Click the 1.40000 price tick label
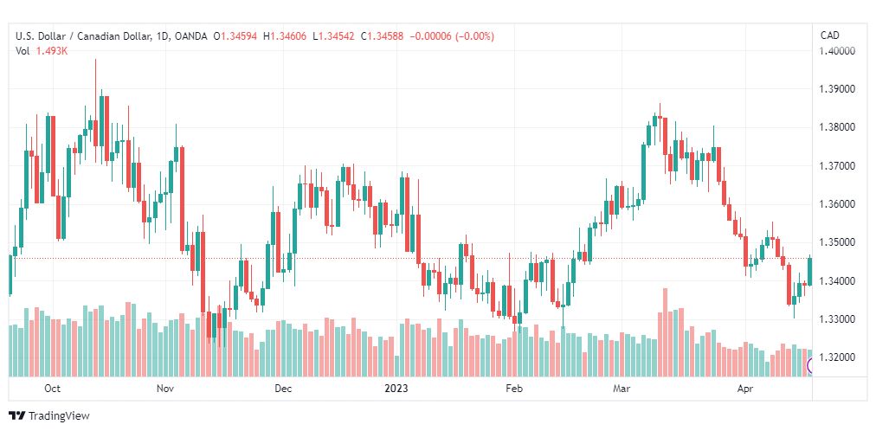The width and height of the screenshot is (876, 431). coord(836,51)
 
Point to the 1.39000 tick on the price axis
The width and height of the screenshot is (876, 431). coord(836,89)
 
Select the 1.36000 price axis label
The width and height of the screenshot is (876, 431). coord(836,204)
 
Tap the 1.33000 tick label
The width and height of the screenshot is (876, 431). coord(836,319)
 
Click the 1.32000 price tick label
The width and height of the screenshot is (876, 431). coord(836,357)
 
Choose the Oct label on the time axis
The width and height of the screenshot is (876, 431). coord(52,388)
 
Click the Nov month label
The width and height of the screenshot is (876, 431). coord(164,388)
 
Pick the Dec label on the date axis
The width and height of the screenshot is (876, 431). coord(283,388)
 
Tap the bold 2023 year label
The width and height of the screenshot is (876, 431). coord(396,388)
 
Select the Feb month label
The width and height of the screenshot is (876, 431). coord(513,388)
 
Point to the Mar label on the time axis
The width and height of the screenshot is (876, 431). coord(621,388)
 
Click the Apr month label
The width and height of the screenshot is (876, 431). coord(744,388)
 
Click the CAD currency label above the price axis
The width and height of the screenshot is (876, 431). coord(829,35)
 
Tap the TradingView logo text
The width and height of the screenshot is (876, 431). coord(59,416)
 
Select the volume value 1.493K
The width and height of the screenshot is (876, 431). coord(52,51)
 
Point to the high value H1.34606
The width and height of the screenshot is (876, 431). coord(285,36)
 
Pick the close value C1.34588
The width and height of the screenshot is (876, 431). coord(382,36)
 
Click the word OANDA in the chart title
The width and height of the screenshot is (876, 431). coord(190,36)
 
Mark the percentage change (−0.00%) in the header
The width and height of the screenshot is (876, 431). coord(475,36)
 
